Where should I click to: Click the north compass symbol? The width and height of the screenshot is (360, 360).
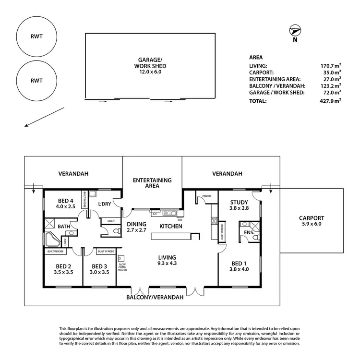coord(294,32)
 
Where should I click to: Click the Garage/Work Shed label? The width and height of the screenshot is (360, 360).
coord(149,66)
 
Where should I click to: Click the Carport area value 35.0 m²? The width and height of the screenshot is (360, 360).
coord(332,72)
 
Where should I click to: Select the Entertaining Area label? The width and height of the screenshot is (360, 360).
coord(152,183)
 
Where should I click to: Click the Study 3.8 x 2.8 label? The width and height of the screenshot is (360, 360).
coord(239,205)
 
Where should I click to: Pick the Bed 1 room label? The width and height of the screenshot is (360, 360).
coord(239,266)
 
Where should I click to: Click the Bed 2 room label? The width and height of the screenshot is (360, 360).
coord(63,269)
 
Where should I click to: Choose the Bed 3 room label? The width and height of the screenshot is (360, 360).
coord(100,269)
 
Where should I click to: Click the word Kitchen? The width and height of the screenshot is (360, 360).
coord(171,226)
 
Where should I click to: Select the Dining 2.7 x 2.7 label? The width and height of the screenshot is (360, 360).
coord(136,227)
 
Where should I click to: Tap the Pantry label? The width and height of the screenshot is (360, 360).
coord(207,196)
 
